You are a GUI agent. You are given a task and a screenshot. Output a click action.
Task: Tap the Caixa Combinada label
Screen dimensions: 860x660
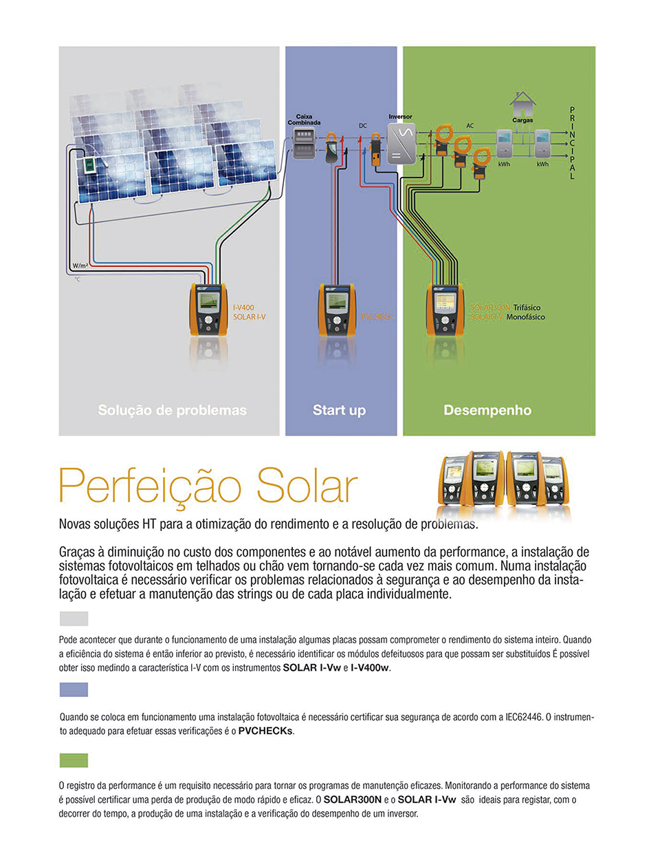click(304, 120)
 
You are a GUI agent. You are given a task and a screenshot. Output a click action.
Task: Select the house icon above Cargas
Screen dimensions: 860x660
click(522, 104)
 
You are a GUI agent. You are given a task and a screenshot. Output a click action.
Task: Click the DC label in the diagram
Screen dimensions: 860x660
click(363, 126)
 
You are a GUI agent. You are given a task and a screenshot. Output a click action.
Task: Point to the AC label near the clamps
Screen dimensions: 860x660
click(470, 126)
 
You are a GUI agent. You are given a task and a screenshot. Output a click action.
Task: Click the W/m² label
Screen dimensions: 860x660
click(80, 266)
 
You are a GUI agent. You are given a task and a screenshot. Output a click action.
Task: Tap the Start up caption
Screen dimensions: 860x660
click(339, 410)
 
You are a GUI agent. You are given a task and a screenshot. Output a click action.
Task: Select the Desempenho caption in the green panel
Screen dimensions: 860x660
click(487, 410)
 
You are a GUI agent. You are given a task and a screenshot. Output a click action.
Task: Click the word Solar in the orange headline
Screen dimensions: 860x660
click(307, 486)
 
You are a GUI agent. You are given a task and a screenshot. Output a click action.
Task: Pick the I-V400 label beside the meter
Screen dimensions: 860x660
click(243, 308)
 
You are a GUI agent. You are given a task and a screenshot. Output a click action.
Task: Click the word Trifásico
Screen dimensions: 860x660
click(527, 308)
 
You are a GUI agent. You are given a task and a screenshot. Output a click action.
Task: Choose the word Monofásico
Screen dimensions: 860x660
click(525, 317)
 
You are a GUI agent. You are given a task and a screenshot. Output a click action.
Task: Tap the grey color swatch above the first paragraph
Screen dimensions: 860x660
click(74, 618)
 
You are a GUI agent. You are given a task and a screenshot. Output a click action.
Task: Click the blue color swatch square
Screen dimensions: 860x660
click(74, 689)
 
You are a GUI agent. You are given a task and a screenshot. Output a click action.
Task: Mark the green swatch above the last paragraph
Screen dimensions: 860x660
click(74, 760)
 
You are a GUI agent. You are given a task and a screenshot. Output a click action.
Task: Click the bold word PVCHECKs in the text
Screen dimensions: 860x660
click(265, 731)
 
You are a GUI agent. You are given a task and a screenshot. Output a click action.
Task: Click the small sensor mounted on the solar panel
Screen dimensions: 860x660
click(89, 165)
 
